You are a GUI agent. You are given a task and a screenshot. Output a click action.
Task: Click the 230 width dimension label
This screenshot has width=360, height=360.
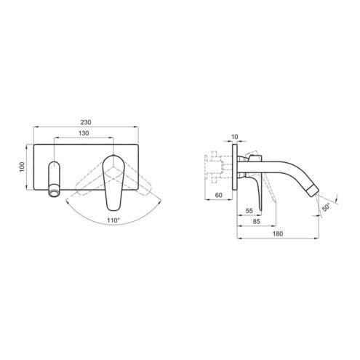point(86,122)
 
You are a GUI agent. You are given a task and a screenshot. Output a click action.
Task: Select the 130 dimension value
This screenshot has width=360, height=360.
point(84,133)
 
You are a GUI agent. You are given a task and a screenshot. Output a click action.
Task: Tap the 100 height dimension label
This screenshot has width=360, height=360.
point(22,167)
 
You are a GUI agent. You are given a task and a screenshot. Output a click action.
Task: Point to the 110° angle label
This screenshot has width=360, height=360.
point(113,220)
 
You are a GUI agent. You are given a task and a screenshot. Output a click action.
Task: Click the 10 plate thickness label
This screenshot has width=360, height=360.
point(234,137)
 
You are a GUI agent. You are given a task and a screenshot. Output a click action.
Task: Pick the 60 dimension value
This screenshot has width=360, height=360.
point(219,195)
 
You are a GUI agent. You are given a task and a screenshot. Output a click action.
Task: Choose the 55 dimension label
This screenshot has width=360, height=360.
point(249,211)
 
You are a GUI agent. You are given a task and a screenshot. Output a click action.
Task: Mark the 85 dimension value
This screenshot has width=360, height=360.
point(256,221)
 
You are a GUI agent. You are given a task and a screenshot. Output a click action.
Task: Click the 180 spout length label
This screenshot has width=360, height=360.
point(278,233)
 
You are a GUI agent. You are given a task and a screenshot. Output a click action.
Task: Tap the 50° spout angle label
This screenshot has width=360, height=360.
point(326,207)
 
